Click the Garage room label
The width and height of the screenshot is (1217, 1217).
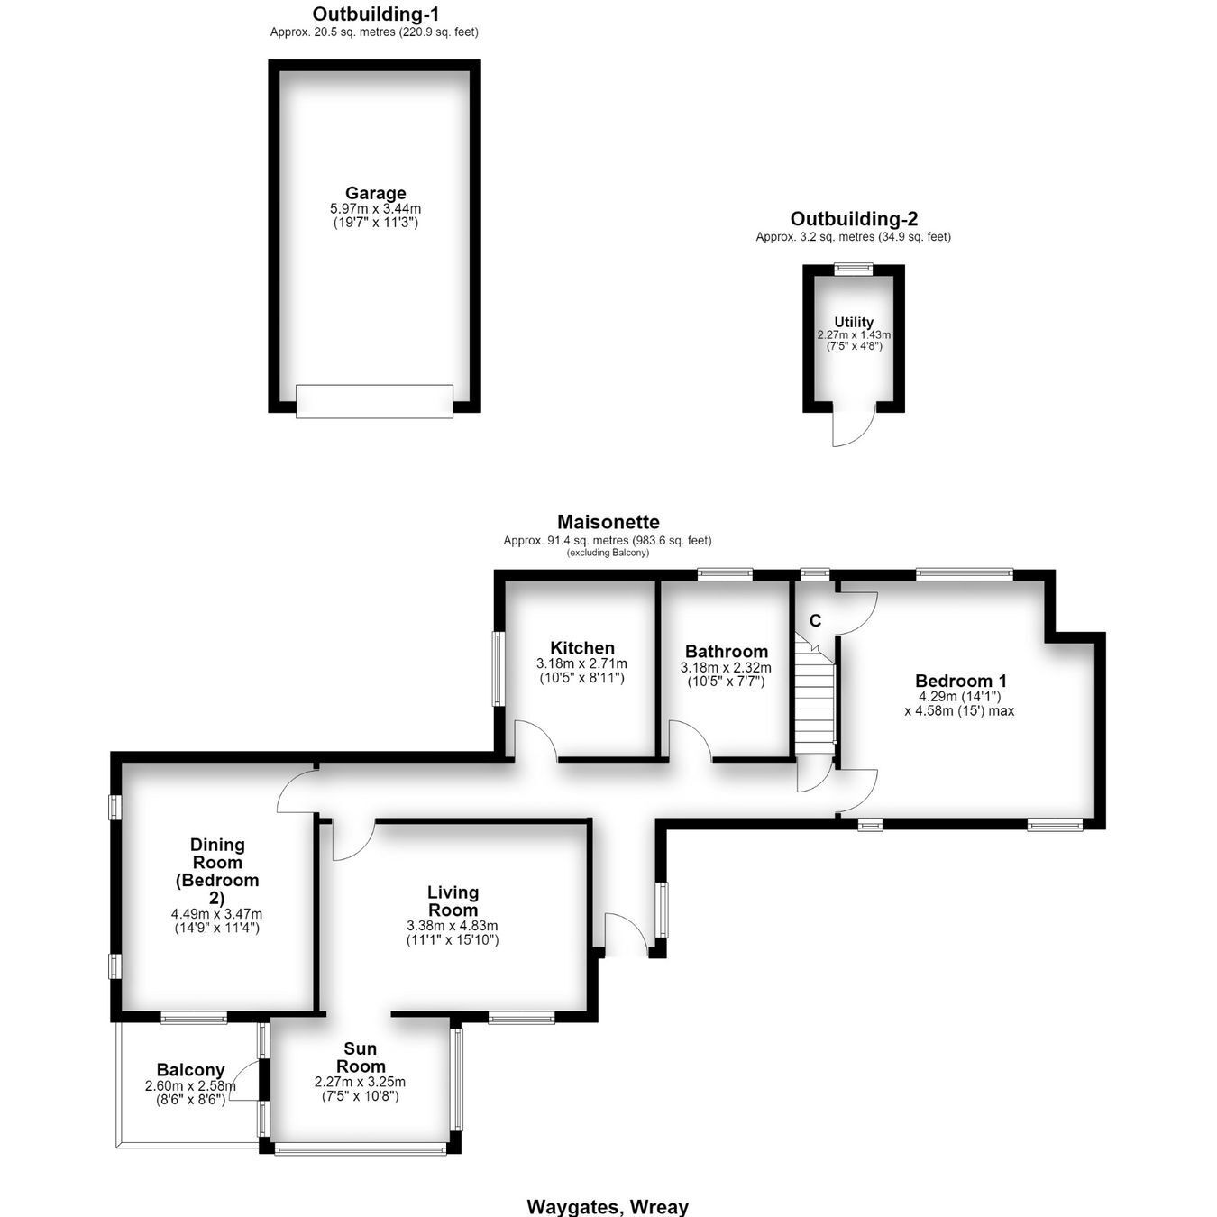[x=376, y=193]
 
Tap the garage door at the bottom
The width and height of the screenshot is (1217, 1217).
[x=374, y=401]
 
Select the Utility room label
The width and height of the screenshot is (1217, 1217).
[x=854, y=322]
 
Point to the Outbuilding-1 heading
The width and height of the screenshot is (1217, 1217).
[x=376, y=14]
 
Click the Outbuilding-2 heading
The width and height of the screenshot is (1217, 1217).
[x=854, y=219]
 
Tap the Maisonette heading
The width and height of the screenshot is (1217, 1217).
[x=608, y=522]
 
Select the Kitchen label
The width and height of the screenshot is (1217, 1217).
[x=582, y=648]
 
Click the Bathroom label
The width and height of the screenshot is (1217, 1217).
[x=727, y=651]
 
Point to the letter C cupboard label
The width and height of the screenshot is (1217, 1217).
[x=815, y=621]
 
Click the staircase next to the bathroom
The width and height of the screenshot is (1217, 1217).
[x=815, y=695]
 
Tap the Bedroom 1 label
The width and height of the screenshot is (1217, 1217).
[x=961, y=681]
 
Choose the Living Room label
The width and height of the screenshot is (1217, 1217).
[x=453, y=901]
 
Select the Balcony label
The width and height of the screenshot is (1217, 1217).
[x=191, y=1070]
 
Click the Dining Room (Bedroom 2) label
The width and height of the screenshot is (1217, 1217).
[x=216, y=871]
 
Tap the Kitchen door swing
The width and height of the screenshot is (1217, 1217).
[x=535, y=740]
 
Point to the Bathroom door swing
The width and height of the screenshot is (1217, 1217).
[x=691, y=740]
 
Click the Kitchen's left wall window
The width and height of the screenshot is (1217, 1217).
[x=498, y=669]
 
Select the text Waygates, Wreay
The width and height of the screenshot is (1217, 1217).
[x=608, y=1207]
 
